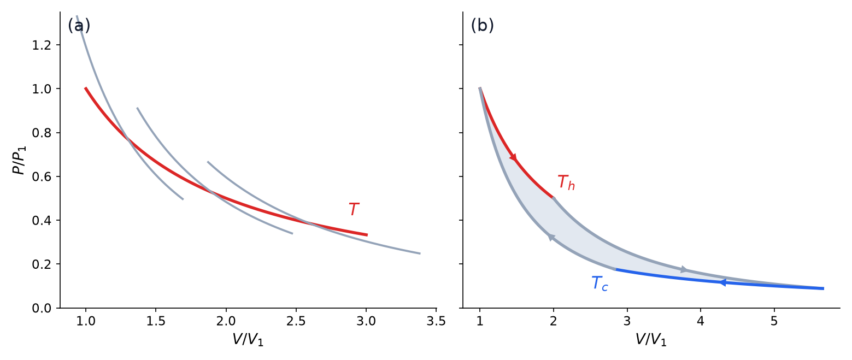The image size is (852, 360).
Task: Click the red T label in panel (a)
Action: (x=354, y=209)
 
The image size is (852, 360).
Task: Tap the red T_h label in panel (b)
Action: (x=566, y=182)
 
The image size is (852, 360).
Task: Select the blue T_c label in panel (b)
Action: (x=600, y=284)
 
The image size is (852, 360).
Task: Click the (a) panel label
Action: (x=79, y=26)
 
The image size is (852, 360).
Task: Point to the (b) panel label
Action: (x=483, y=26)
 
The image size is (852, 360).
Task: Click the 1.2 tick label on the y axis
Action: (x=42, y=45)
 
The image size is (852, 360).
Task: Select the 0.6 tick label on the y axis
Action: (x=42, y=177)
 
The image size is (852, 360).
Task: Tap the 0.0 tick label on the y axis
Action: (x=42, y=308)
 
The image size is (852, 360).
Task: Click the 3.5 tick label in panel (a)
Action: (x=436, y=322)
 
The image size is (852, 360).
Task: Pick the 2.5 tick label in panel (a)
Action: (x=296, y=322)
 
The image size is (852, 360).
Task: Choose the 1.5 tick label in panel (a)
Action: (x=156, y=322)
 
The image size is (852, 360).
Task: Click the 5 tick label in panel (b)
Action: (x=774, y=322)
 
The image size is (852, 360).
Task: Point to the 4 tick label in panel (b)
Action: (x=701, y=322)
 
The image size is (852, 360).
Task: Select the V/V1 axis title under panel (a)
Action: (x=248, y=340)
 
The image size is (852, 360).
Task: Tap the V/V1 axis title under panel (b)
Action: (x=651, y=340)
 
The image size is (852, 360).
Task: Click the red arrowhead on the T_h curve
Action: (x=513, y=157)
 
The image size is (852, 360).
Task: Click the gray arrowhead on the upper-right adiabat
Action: (x=684, y=269)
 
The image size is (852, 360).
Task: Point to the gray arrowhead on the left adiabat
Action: (x=551, y=237)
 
